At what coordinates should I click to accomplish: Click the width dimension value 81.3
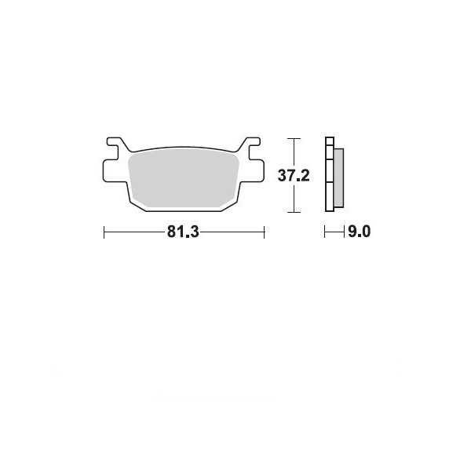[x=183, y=232]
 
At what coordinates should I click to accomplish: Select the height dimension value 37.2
[x=294, y=175]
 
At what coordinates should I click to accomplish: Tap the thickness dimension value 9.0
[x=360, y=232]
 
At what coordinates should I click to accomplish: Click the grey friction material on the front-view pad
[x=183, y=178]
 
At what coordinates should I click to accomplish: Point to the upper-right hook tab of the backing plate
[x=252, y=144]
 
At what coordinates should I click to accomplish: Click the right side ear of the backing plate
[x=253, y=170]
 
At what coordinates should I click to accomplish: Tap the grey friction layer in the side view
[x=339, y=178]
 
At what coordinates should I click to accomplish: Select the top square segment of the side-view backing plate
[x=330, y=141]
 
